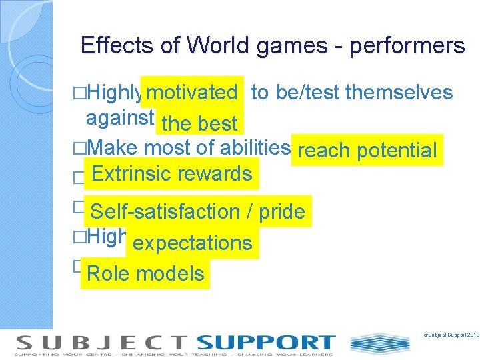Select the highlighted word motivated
coord(192,93)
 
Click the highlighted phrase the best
coord(199,124)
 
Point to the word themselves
coord(399,92)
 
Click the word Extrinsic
coord(131,174)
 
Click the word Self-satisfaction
coord(165,212)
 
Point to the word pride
coord(281,212)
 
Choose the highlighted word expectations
coord(193,243)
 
